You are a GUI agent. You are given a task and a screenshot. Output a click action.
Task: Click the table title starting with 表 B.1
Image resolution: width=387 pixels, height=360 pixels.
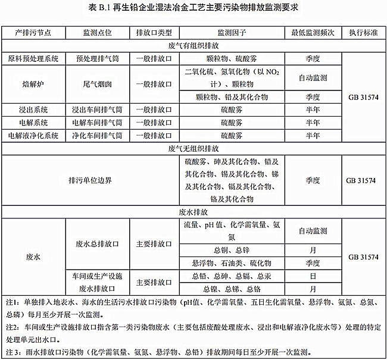[x=193, y=7]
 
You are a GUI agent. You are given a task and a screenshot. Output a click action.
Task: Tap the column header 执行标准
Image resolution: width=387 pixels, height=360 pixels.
[x=363, y=32]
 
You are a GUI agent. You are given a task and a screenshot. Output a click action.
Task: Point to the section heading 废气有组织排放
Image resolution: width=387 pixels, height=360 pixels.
[x=193, y=45]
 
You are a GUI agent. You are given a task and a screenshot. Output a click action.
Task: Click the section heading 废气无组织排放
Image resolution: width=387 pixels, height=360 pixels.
[x=193, y=148]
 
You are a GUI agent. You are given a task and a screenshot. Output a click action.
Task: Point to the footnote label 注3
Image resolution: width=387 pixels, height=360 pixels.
[x=10, y=351]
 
